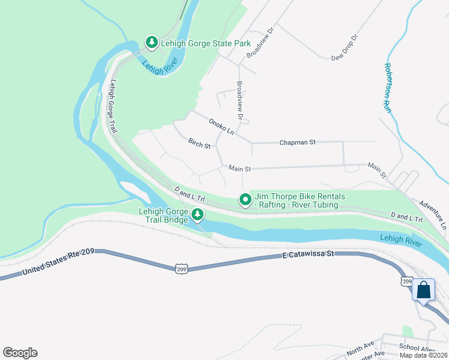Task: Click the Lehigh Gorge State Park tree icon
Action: (x=152, y=43)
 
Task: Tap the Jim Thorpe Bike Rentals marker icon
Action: (x=245, y=200)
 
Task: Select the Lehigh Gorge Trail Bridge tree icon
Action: (x=197, y=214)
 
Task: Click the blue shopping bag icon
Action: (x=423, y=290)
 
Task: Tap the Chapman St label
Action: (x=297, y=143)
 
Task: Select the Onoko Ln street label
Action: (x=221, y=126)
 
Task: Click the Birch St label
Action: (x=199, y=145)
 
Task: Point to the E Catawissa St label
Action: (x=307, y=255)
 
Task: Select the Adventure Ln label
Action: (x=433, y=215)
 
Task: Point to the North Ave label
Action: (x=360, y=347)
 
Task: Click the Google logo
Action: (x=20, y=353)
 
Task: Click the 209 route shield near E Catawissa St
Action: (x=181, y=269)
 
